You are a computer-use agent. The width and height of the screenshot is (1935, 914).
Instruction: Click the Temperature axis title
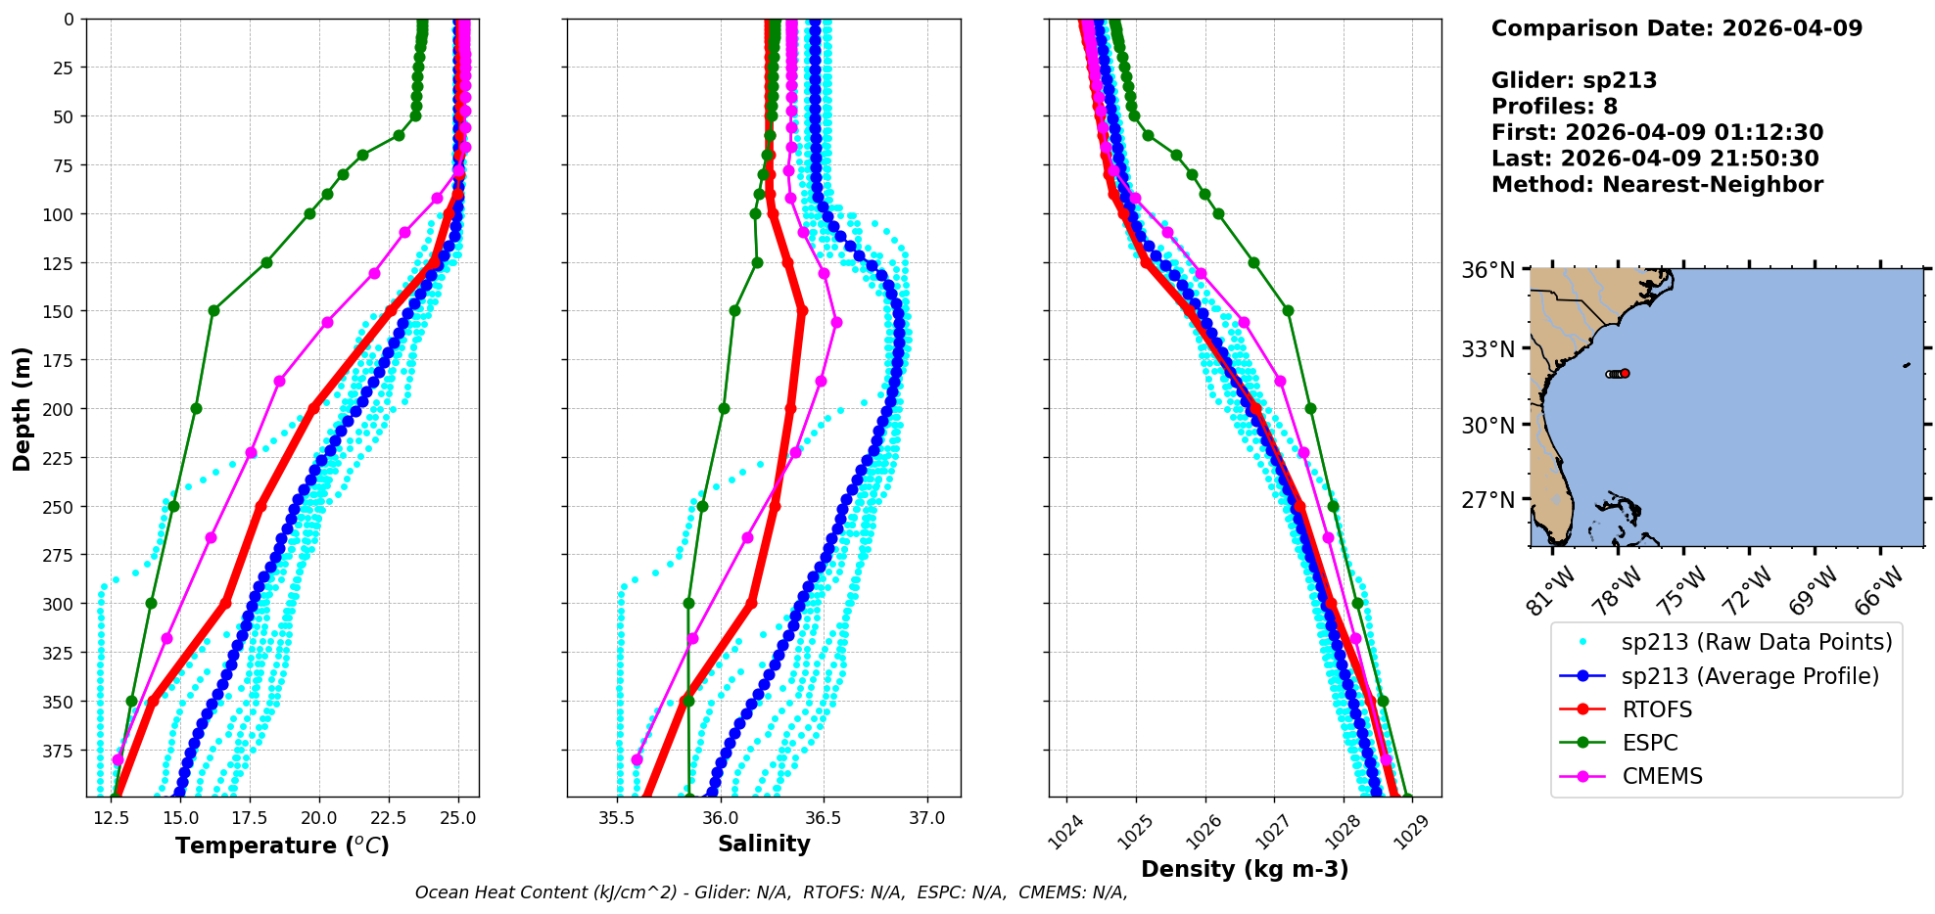click(282, 845)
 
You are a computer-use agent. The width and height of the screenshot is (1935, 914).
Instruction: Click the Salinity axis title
click(764, 845)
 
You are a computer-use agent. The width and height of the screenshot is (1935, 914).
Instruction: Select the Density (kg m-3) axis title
click(1245, 869)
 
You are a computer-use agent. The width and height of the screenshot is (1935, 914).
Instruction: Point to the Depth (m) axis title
click(23, 408)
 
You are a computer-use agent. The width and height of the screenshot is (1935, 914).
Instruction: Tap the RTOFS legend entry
click(1657, 709)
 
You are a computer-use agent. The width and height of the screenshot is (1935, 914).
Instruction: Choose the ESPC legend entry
click(1650, 743)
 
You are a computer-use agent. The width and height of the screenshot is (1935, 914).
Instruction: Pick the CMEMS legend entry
click(1662, 776)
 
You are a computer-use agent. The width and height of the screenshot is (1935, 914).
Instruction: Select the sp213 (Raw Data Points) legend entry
click(1757, 642)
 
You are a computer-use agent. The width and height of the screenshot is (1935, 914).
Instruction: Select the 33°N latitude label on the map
click(1488, 349)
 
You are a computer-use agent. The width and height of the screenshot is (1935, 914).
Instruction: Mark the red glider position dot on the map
click(1625, 373)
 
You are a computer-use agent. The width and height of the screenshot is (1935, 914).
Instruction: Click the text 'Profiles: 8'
click(1554, 107)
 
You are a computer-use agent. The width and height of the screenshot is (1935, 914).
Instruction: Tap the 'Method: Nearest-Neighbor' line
click(1657, 185)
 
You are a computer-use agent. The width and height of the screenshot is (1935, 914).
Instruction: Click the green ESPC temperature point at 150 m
click(213, 310)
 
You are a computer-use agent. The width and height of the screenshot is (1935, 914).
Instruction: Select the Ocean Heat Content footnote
click(771, 892)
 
